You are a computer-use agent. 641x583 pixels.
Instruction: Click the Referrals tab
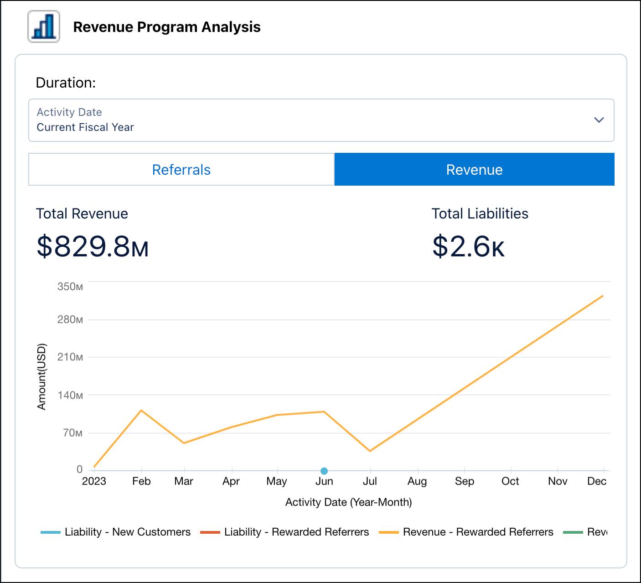click(x=181, y=170)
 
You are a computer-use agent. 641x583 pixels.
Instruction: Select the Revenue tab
click(x=474, y=170)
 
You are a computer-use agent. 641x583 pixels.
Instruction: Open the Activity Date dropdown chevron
click(x=599, y=120)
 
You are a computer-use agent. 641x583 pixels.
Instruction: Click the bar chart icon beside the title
click(x=44, y=27)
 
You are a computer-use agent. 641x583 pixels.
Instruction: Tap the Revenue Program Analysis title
click(x=166, y=27)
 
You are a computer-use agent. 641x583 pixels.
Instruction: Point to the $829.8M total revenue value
click(x=93, y=246)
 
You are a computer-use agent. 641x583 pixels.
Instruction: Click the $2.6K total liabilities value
click(x=468, y=246)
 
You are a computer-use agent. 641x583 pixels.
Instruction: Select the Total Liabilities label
click(x=480, y=213)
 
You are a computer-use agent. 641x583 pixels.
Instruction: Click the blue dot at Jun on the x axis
click(x=324, y=471)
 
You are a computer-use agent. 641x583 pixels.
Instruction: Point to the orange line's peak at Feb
click(x=141, y=411)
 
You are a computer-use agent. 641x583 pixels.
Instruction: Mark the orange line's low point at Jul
click(x=370, y=451)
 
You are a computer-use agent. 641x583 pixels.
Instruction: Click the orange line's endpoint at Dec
click(x=603, y=296)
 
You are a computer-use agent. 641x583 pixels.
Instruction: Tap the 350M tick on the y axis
click(x=70, y=286)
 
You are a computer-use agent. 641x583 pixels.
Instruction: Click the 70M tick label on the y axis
click(x=72, y=432)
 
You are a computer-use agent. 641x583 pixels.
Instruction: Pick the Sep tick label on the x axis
click(x=464, y=481)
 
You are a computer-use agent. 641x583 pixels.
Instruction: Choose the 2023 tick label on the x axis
click(x=94, y=481)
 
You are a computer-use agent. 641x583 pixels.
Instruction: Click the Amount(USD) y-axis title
click(x=41, y=376)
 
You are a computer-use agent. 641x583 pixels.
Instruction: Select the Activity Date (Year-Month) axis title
click(x=348, y=502)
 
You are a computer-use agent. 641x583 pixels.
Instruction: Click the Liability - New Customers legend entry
click(x=116, y=532)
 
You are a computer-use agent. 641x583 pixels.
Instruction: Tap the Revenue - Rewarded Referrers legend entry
click(x=466, y=532)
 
